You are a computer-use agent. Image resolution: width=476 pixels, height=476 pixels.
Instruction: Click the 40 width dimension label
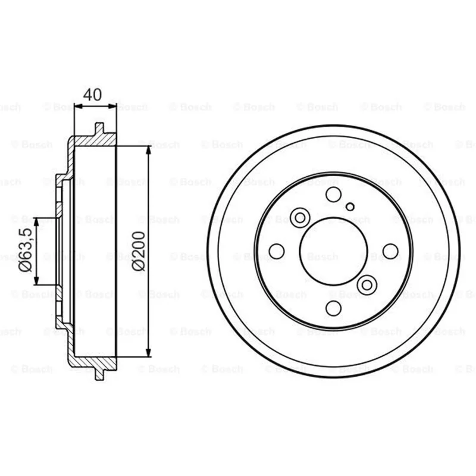93,95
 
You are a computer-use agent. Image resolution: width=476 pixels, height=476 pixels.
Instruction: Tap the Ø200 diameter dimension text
139,251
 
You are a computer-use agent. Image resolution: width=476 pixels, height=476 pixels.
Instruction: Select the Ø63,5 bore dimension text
26,249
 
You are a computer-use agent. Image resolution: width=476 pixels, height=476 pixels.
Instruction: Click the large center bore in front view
334,251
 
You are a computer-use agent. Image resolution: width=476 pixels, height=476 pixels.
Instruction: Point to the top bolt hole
333,195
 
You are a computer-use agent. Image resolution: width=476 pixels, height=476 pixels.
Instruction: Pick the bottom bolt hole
333,308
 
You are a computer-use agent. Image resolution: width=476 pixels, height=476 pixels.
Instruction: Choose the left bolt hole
277,251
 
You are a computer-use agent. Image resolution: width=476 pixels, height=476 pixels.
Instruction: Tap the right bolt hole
390,251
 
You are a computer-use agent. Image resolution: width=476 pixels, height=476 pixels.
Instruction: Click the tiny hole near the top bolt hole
350,206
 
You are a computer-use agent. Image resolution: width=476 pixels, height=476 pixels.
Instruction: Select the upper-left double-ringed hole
300,218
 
